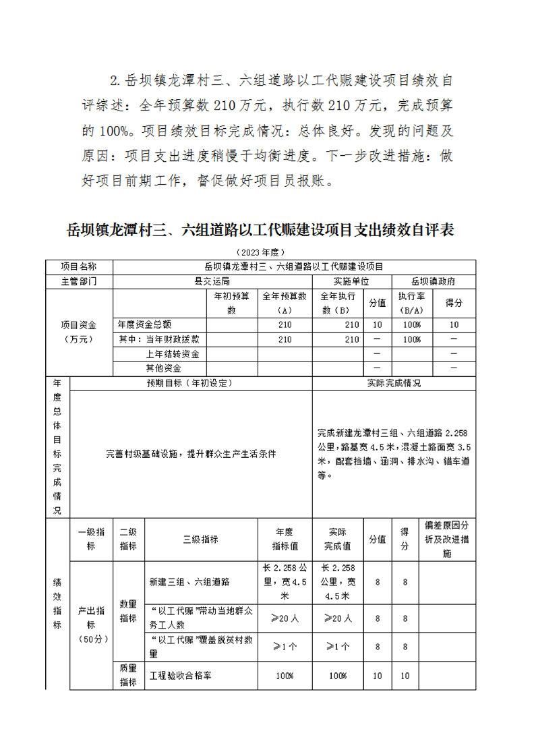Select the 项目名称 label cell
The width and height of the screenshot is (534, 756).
click(x=79, y=266)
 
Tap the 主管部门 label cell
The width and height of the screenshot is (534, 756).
click(x=79, y=281)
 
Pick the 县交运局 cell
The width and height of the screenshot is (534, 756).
click(x=212, y=281)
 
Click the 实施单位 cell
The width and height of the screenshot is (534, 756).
click(x=351, y=281)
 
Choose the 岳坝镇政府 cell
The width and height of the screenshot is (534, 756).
click(x=433, y=281)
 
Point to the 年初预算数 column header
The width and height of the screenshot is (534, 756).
click(x=231, y=303)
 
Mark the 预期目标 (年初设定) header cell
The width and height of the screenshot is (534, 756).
click(x=190, y=383)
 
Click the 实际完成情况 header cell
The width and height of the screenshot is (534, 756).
click(x=394, y=383)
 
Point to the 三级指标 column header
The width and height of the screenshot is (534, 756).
click(x=200, y=540)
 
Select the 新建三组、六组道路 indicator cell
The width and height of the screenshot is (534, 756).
click(x=190, y=581)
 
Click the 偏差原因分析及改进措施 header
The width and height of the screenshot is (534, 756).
click(x=447, y=540)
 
